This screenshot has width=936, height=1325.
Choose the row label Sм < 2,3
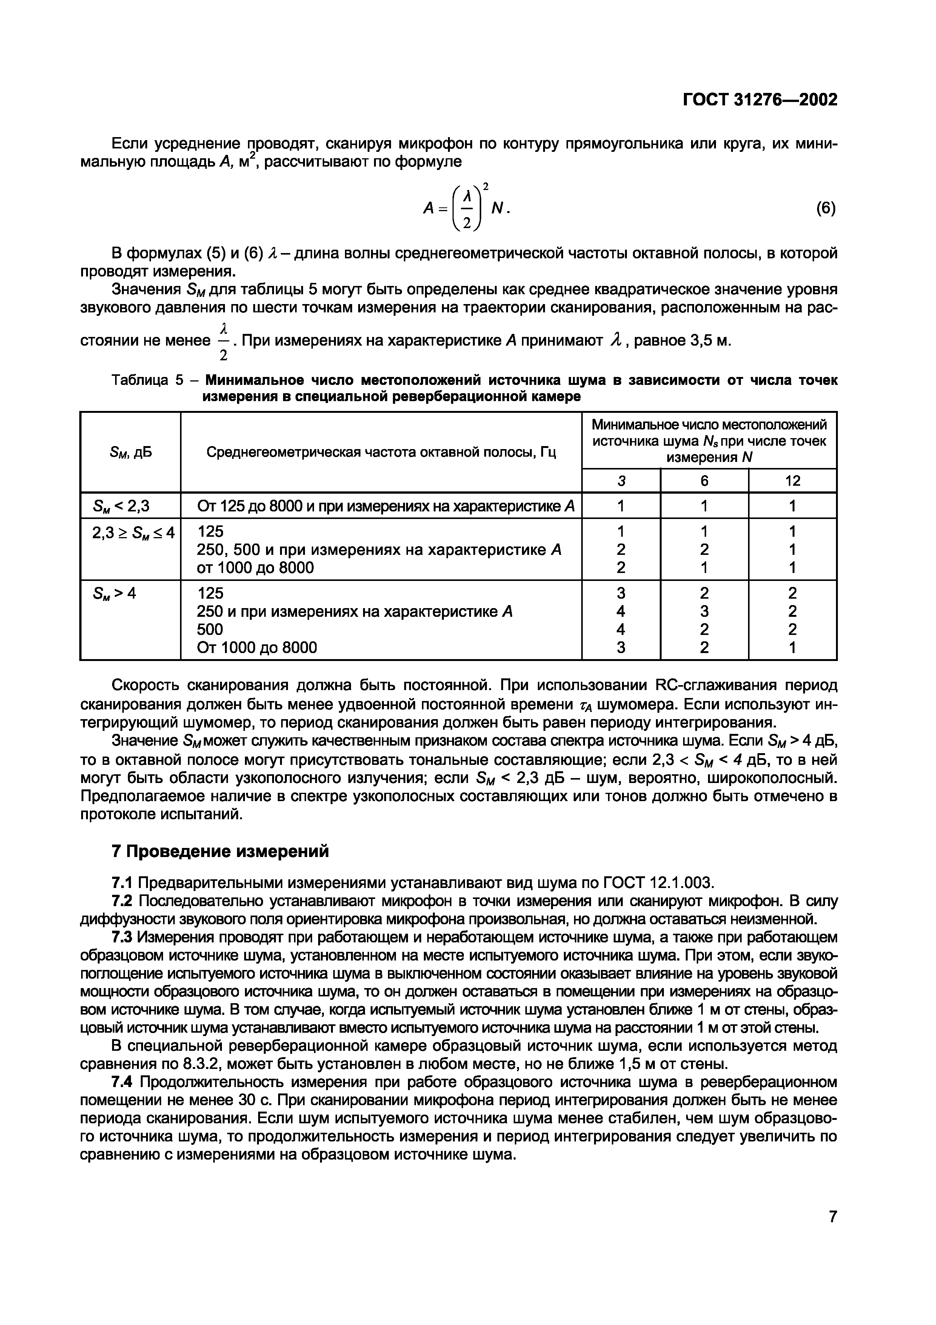(120, 506)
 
